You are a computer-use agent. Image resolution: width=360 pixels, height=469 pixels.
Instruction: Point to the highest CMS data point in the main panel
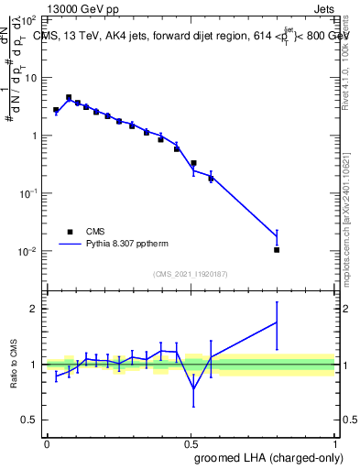point(69,97)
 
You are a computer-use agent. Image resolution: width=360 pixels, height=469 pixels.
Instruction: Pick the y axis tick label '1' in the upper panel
point(37,136)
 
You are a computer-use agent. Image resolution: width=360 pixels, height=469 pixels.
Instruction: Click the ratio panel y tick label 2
point(35,309)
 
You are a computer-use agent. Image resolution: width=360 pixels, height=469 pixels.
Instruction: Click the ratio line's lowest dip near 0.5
point(193,388)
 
